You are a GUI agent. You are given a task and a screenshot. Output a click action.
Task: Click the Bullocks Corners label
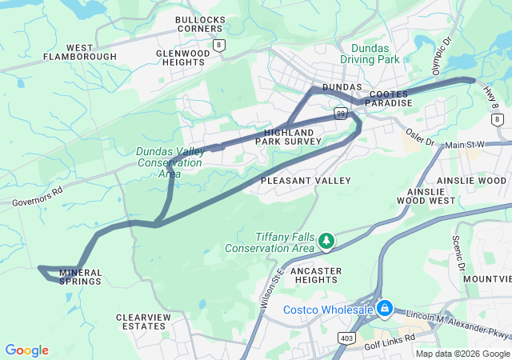(x=199, y=23)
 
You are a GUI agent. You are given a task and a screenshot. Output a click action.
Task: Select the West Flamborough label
(x=80, y=52)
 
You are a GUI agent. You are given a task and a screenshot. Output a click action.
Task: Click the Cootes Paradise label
(x=387, y=98)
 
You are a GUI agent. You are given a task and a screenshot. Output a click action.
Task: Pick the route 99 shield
(x=341, y=115)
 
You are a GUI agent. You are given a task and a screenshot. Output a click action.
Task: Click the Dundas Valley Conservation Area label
(x=170, y=162)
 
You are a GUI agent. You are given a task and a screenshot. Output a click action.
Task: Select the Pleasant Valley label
(x=306, y=181)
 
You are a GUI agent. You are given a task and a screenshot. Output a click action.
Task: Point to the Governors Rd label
(x=38, y=197)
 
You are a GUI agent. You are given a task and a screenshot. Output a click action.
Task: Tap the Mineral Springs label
(x=80, y=277)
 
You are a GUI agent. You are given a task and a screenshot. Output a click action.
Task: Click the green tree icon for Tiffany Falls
(x=326, y=240)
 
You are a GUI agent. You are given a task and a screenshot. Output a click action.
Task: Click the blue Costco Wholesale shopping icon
(x=385, y=307)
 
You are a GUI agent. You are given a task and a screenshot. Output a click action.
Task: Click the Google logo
(x=27, y=350)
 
